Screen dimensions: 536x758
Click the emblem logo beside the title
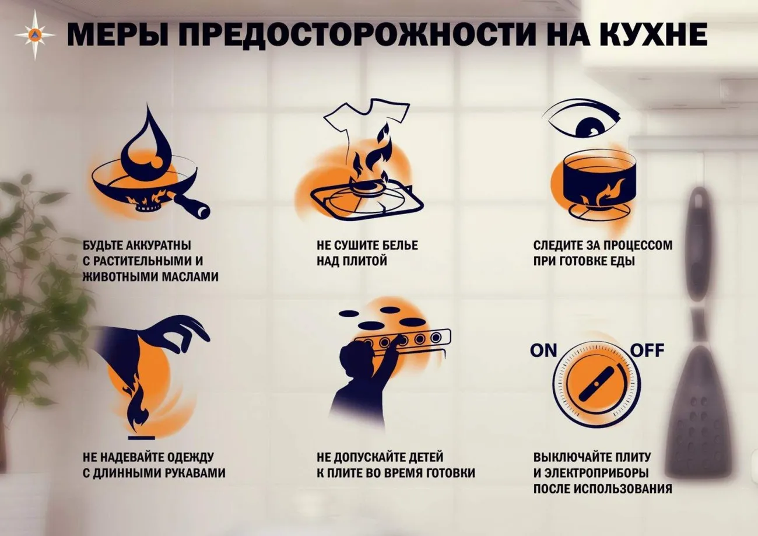click(35, 34)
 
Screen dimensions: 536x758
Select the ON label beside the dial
click(543, 351)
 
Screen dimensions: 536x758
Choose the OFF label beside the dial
click(648, 351)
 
